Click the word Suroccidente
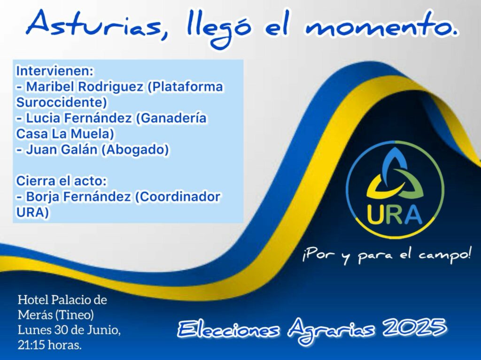click(x=62, y=102)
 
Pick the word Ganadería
click(x=171, y=118)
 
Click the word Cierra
click(x=35, y=181)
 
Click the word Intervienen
click(x=54, y=71)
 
